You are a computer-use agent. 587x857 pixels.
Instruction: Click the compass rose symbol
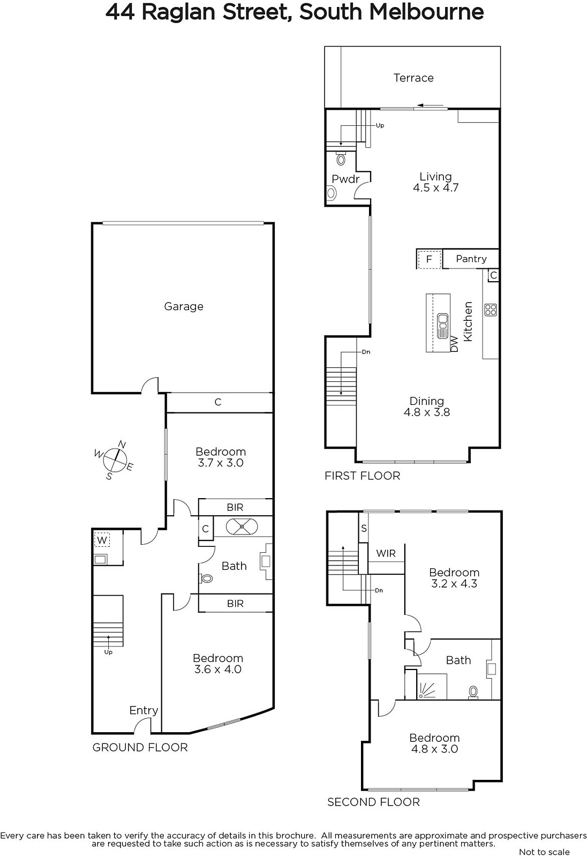point(114,460)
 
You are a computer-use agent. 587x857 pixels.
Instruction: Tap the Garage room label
point(184,306)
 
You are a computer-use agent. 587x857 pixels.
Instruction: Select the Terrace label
point(413,78)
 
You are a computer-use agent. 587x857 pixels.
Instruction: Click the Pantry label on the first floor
point(471,259)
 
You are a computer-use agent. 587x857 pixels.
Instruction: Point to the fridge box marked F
point(430,259)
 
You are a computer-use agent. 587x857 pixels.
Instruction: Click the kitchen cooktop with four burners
point(491,310)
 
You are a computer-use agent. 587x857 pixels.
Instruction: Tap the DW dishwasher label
point(454,343)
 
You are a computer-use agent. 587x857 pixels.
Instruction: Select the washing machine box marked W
point(102,540)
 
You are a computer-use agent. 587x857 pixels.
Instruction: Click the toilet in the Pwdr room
point(341,157)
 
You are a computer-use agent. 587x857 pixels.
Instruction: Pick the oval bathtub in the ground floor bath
point(242,527)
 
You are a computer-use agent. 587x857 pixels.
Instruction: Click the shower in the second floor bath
point(432,686)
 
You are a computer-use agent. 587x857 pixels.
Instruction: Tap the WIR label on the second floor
point(386,553)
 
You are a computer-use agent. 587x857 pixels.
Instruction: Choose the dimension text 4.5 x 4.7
point(436,188)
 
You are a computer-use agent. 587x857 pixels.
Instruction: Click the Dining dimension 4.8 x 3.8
point(427,412)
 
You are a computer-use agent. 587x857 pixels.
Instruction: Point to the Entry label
point(144,710)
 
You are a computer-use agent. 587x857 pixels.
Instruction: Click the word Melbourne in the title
point(426,12)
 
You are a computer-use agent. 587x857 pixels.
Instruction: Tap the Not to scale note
point(545,852)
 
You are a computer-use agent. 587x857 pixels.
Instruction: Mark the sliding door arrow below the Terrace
point(431,105)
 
